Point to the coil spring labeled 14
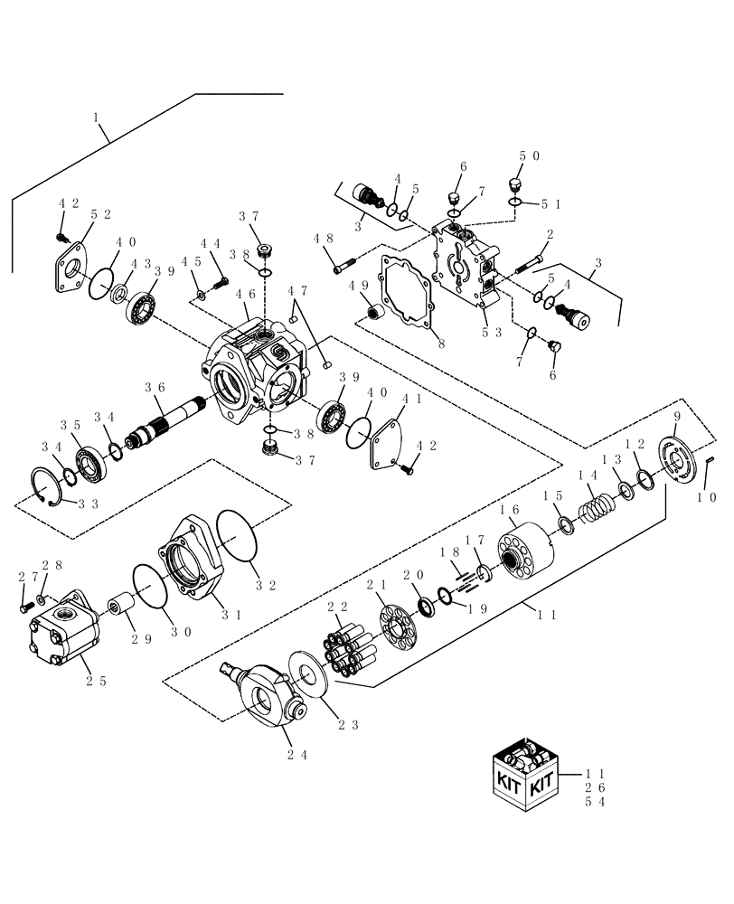click(x=597, y=503)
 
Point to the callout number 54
click(x=594, y=802)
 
